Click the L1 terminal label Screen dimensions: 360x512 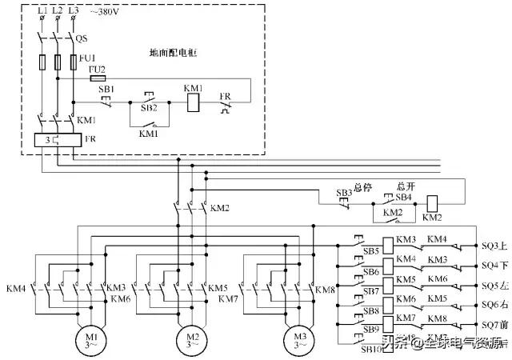(42, 10)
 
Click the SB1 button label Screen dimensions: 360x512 (106, 90)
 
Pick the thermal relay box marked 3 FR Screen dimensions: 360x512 (54, 139)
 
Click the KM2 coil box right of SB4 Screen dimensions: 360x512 (432, 202)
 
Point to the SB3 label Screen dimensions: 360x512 (344, 193)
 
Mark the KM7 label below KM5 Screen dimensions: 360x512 (229, 298)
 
